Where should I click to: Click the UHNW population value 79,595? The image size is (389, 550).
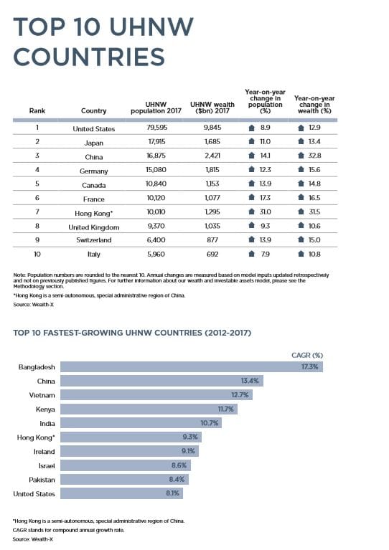156,128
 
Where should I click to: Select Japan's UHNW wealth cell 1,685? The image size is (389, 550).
212,142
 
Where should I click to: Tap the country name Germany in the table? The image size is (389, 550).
94,171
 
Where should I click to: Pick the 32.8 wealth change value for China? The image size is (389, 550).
314,156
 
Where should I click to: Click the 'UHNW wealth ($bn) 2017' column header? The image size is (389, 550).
212,108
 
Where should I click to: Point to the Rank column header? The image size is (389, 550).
37,111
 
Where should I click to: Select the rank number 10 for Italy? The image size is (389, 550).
37,254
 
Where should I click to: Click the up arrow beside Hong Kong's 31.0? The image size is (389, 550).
251,212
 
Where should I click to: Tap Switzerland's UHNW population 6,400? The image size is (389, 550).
156,240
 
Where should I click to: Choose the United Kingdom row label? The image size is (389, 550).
94,227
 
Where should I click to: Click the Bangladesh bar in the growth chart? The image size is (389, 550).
192,367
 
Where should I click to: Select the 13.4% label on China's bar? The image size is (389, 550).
250,381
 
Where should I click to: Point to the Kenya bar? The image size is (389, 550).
149,409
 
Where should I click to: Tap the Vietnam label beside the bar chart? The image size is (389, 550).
42,395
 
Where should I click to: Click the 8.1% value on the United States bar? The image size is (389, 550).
172,493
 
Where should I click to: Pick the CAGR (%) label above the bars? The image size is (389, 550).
307,356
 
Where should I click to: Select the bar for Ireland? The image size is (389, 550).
130,451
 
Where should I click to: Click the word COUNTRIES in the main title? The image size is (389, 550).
89,57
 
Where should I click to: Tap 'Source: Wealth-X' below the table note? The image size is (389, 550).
33,305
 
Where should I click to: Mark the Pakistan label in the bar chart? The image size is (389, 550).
42,480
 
